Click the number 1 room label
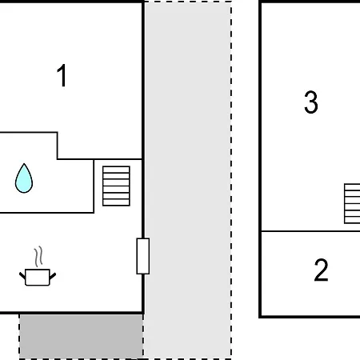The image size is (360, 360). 62,75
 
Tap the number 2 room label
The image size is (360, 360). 321,270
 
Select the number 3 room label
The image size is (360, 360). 311,102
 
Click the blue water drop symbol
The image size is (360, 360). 24,178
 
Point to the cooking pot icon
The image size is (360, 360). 38,278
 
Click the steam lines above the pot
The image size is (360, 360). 38,257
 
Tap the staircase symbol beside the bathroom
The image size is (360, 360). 116,186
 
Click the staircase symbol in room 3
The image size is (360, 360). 352,203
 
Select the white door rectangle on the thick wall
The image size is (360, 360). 143,256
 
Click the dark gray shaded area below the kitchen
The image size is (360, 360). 81,336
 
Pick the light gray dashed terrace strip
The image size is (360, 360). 188,180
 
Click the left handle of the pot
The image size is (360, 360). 22,275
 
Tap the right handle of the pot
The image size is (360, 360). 53,276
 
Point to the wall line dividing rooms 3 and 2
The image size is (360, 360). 310,231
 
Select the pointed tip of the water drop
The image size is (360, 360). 24,163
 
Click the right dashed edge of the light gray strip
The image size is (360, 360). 231,180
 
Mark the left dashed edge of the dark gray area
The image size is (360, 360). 19,337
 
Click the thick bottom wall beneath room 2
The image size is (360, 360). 310,317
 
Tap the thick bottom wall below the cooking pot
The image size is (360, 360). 71,312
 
